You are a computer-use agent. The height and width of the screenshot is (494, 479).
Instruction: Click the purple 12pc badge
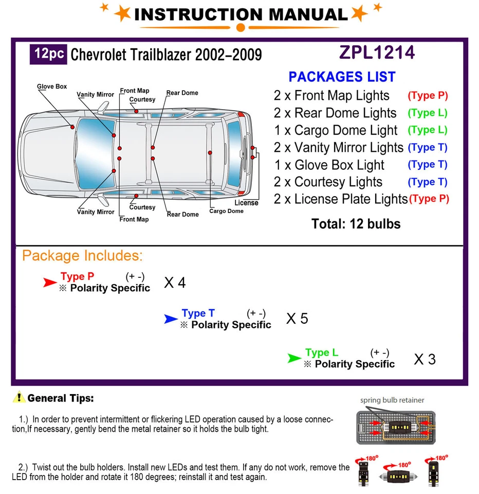(49, 54)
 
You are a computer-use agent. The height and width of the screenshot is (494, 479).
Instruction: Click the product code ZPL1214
(377, 52)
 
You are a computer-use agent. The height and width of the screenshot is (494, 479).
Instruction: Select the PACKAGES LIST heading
(342, 77)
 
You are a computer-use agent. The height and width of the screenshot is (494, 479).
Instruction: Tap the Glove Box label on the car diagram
(52, 86)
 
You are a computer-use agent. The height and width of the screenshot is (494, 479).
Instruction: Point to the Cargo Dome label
(226, 211)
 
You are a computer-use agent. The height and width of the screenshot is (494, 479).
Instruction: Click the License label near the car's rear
(246, 203)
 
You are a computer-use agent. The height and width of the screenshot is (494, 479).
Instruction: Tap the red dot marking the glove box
(72, 127)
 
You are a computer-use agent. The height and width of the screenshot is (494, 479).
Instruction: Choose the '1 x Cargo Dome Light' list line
(336, 130)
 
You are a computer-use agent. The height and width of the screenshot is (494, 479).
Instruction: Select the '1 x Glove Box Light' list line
(329, 165)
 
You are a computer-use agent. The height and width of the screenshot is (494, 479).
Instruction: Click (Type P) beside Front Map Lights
(428, 96)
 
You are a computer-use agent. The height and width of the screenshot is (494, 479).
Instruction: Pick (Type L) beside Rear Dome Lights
(428, 113)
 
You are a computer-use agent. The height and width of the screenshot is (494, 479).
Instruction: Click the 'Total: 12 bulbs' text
(356, 224)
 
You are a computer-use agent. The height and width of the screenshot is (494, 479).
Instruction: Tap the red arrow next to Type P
(50, 282)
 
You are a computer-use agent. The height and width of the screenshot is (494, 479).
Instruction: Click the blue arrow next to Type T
(171, 319)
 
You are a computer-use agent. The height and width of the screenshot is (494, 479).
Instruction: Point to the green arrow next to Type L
(294, 358)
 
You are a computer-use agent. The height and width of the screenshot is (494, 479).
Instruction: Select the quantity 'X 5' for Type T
(297, 319)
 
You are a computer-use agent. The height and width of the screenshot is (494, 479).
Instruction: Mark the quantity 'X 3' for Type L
(425, 359)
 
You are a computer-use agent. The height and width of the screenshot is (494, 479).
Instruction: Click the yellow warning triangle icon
(20, 397)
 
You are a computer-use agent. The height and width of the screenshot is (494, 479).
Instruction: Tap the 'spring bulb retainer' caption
(392, 400)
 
